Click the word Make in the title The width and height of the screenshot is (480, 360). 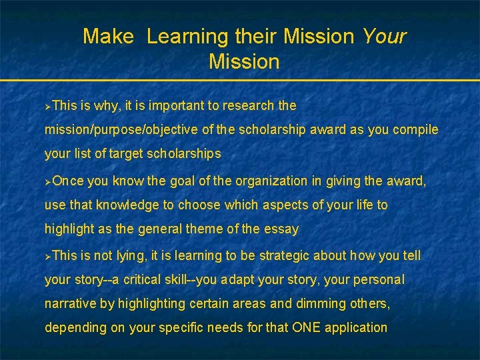click(108, 37)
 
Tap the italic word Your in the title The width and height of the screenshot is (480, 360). click(384, 37)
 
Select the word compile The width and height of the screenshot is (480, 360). click(416, 129)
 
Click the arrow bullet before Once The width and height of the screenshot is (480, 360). click(47, 181)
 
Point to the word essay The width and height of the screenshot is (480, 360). click(283, 229)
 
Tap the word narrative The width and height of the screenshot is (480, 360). click(70, 304)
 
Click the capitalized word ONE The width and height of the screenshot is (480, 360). click(307, 327)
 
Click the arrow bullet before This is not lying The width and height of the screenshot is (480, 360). click(47, 256)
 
